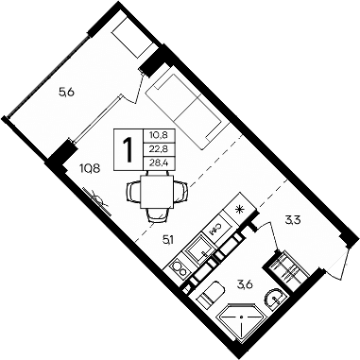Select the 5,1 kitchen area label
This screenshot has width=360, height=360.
[x=168, y=240]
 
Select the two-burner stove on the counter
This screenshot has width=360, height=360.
[x=180, y=269]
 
